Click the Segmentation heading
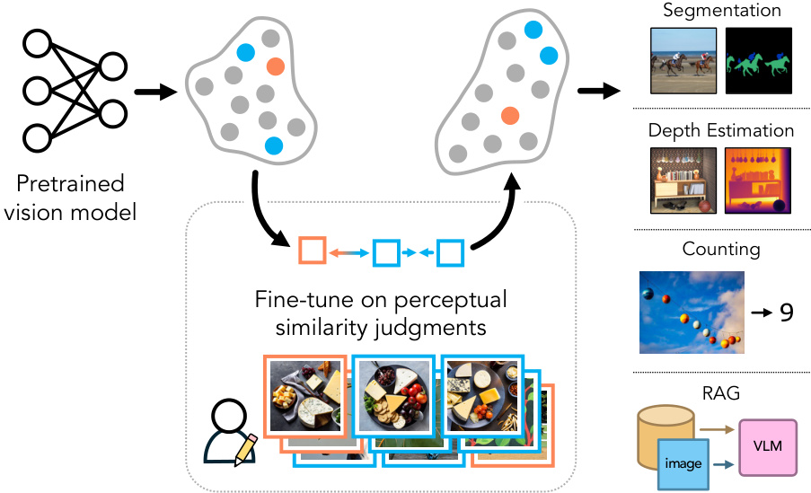tap(722, 11)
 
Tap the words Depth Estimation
tap(722, 130)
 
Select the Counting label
tap(722, 248)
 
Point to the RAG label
tap(722, 392)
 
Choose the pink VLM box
tap(767, 446)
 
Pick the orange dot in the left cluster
tap(276, 66)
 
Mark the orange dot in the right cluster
tap(510, 115)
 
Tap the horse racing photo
tap(683, 60)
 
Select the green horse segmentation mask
tap(759, 60)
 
